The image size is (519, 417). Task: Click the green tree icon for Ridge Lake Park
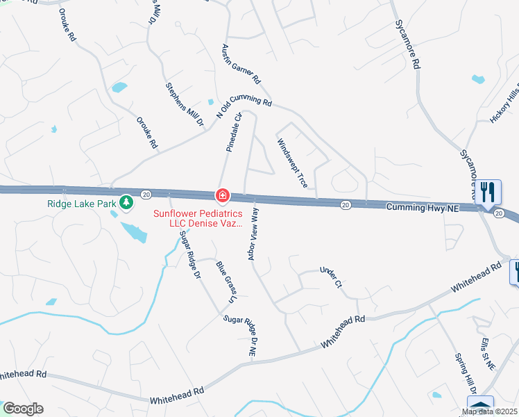(x=126, y=203)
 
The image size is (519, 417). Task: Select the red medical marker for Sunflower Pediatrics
(x=222, y=197)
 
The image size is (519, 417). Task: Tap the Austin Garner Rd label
(x=239, y=63)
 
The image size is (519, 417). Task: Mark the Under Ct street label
(x=331, y=276)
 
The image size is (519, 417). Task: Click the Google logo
(x=23, y=409)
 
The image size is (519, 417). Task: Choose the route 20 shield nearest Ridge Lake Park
(x=145, y=194)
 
